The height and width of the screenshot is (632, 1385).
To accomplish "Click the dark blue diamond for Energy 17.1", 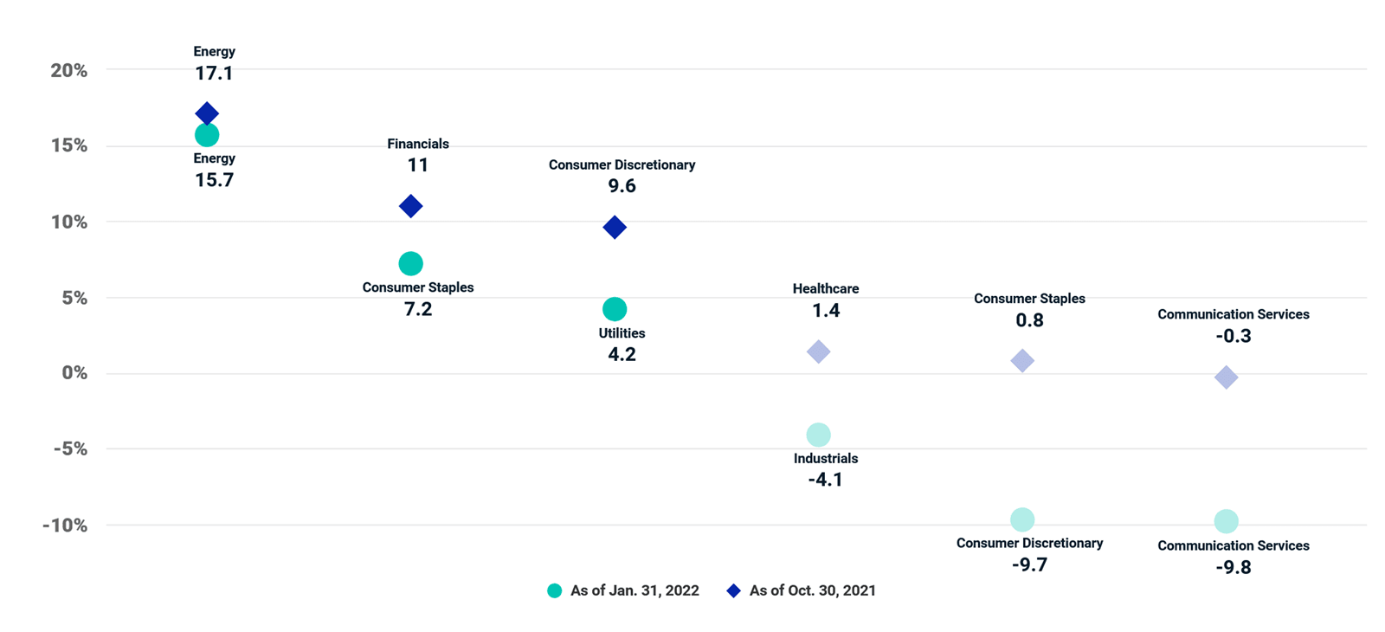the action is (207, 113).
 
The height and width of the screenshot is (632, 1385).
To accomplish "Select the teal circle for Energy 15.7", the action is (207, 135).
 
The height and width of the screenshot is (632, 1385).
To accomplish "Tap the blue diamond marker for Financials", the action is (410, 206).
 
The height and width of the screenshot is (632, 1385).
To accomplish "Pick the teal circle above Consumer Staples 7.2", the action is (410, 264).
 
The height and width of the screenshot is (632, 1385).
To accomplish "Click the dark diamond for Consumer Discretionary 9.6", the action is (615, 227).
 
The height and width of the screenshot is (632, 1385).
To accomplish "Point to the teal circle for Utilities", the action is (615, 309).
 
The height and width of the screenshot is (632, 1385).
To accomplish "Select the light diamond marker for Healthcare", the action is (818, 351).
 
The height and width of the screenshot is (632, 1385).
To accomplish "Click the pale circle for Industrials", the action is (818, 435).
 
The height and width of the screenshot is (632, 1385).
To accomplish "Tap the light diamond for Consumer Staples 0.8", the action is (1022, 360).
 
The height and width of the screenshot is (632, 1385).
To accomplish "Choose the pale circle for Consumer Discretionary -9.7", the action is (1022, 519).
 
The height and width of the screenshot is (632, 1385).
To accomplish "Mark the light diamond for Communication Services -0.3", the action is (1226, 377).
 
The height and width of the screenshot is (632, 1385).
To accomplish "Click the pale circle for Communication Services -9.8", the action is (1226, 521).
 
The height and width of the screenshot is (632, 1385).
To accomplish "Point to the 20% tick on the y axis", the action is (68, 70).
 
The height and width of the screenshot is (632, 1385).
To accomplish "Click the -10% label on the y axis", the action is (65, 526).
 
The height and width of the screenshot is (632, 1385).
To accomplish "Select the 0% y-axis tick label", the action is (74, 373).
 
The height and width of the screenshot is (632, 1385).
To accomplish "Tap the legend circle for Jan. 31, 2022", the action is (555, 590).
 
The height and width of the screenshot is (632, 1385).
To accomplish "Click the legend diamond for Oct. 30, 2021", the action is (733, 590).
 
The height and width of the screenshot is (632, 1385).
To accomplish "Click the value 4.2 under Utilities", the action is (622, 354).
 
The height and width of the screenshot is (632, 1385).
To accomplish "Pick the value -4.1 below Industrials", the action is (826, 480).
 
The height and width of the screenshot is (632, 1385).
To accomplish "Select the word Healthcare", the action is (826, 289).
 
